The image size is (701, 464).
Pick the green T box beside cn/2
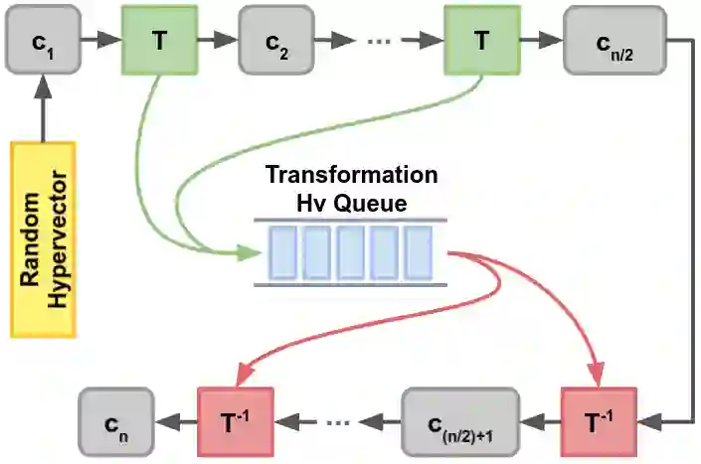coord(482,42)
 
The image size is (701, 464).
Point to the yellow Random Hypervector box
coord(43,238)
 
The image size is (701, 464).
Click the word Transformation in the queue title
coord(351,176)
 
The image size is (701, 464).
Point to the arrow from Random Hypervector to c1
coord(42,109)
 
